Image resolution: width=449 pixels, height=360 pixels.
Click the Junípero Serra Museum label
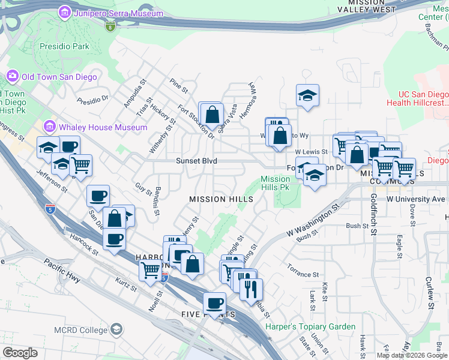pos(119,13)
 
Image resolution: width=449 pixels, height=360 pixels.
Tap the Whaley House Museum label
pos(103,127)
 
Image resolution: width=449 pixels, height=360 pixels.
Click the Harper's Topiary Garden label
pos(310,327)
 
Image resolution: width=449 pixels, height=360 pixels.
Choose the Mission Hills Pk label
pos(276,183)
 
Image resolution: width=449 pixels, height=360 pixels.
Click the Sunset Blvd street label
pos(196,161)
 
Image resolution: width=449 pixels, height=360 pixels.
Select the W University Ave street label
pos(416,199)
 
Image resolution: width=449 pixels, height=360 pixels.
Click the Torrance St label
pos(303,274)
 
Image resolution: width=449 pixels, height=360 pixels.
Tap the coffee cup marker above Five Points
pos(214,302)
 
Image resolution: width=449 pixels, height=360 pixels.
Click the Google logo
pos(20,353)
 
